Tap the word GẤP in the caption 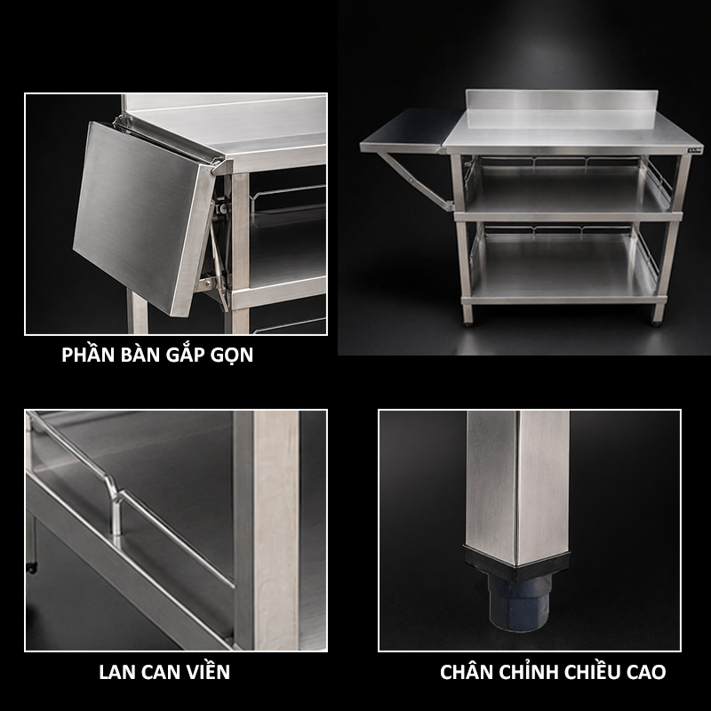pyautogui.click(x=184, y=355)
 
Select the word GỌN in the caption pyautogui.click(x=231, y=355)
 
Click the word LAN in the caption pyautogui.click(x=116, y=672)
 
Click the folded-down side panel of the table pyautogui.click(x=144, y=219)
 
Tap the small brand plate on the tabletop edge pyautogui.click(x=693, y=149)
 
